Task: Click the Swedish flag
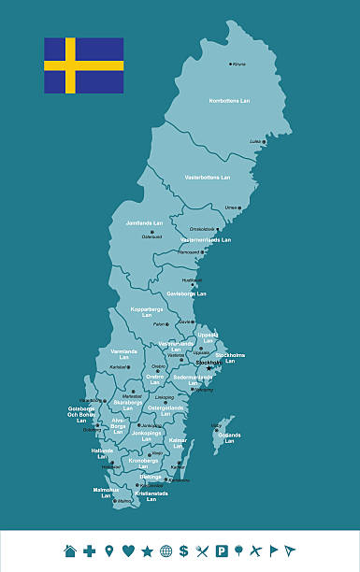point(83,65)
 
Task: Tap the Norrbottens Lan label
point(230,100)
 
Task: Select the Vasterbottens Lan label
point(208,176)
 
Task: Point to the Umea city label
point(230,207)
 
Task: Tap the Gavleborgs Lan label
point(187,293)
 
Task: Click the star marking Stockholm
point(211,367)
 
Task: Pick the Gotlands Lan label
point(229,437)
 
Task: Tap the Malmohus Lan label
point(107,492)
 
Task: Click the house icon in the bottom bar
point(70,551)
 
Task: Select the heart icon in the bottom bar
point(128,551)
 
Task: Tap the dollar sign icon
point(184,551)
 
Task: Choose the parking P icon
point(221,551)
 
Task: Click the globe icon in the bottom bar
point(166,551)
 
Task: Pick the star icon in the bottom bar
point(147,551)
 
